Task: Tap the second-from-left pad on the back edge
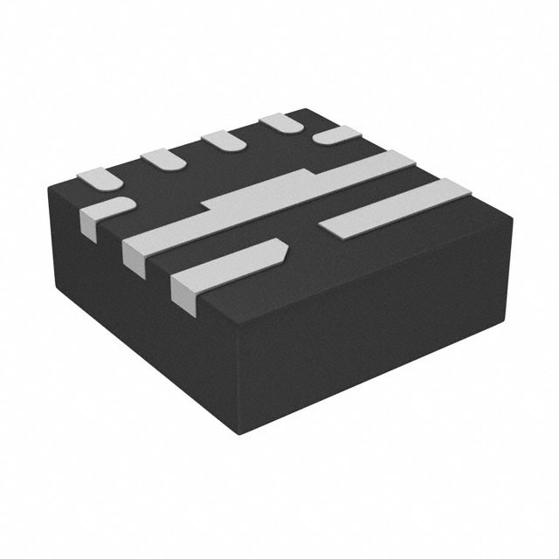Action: (x=162, y=158)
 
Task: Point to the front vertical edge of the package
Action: (x=238, y=384)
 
